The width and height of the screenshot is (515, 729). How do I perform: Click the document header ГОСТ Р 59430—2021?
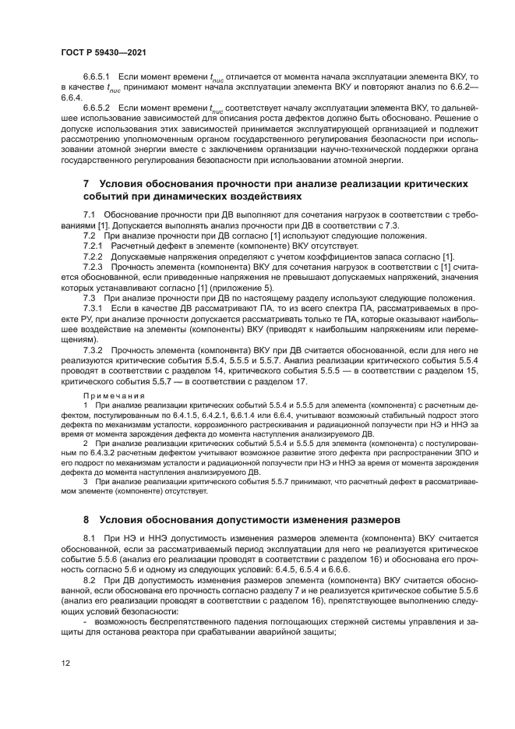click(x=104, y=51)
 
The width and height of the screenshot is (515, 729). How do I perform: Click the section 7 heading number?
click(x=86, y=184)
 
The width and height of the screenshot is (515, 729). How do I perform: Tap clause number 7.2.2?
click(x=93, y=257)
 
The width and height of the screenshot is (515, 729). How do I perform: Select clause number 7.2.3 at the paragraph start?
click(x=93, y=267)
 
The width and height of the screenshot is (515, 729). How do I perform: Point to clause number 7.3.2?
click(x=93, y=350)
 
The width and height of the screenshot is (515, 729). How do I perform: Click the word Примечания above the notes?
click(x=114, y=395)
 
